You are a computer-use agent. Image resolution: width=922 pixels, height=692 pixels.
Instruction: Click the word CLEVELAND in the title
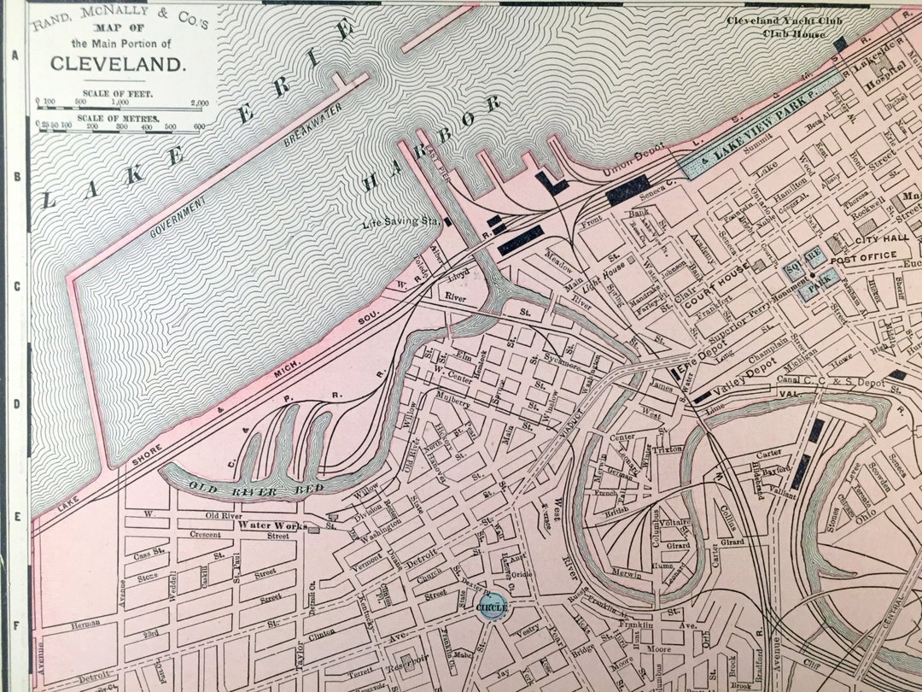coord(117,62)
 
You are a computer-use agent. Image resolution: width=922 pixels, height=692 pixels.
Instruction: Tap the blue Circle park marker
coord(493,607)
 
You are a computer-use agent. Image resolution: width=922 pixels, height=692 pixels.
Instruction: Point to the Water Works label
coord(272,525)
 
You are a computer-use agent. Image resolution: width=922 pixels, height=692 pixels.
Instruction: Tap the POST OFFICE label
coord(863,255)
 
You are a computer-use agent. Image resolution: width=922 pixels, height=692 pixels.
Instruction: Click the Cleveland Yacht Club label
coord(776,21)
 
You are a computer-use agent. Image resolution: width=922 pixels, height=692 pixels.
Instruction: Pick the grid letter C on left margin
coord(15,286)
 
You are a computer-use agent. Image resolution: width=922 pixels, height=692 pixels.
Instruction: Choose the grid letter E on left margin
coord(15,517)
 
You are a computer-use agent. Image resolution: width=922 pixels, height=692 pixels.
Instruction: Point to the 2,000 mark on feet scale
coord(199,103)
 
